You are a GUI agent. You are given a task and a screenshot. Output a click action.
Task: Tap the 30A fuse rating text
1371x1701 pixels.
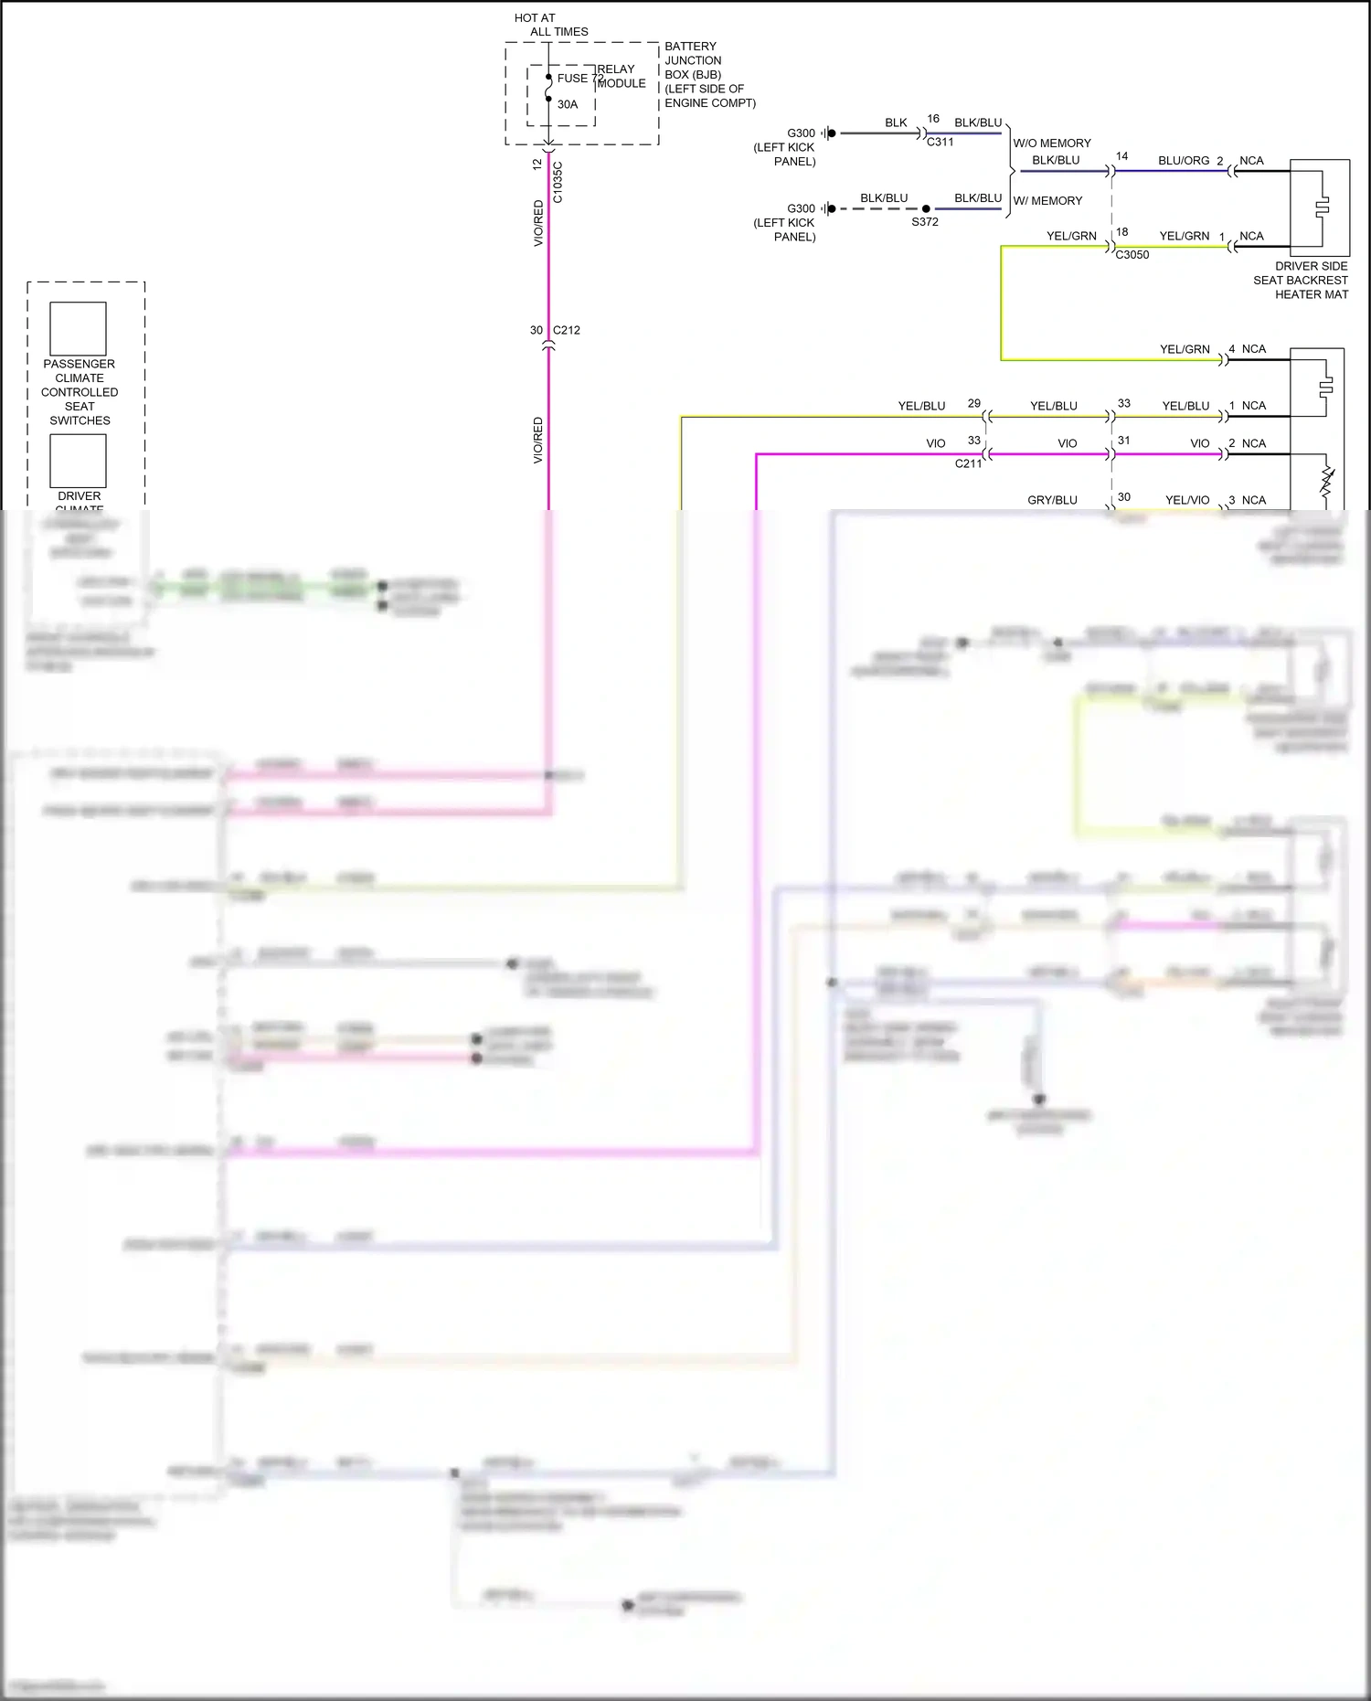[x=568, y=104]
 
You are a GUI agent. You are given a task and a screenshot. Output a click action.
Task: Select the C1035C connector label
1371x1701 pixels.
[x=558, y=182]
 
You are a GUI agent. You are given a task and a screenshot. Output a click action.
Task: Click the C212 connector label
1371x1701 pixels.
[x=567, y=330]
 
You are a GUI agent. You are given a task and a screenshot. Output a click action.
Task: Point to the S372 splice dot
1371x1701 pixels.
[x=926, y=209]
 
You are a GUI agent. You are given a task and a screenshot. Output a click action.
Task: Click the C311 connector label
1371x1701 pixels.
[x=940, y=142]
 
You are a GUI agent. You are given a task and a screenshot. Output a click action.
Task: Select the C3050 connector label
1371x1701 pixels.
[x=1132, y=255]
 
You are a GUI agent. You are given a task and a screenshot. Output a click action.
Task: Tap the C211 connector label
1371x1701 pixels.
[x=968, y=463]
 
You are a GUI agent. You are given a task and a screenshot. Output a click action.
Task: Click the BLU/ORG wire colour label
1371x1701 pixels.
[x=1184, y=161]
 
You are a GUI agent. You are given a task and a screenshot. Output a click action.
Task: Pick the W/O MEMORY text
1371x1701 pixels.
[x=1052, y=144]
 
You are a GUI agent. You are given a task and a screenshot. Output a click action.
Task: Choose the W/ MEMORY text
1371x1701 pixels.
[x=1047, y=201]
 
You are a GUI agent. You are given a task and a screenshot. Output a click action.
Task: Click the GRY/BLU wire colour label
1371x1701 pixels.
[x=1052, y=500]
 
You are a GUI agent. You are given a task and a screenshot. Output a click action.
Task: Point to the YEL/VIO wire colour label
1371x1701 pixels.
[x=1187, y=500]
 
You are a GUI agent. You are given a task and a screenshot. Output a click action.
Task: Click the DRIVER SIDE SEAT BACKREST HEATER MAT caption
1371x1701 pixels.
[x=1301, y=281]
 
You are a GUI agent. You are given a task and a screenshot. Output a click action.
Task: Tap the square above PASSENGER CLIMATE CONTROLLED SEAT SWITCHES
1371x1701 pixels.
[x=78, y=329]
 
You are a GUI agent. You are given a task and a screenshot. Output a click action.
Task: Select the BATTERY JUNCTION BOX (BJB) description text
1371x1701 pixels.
[x=710, y=75]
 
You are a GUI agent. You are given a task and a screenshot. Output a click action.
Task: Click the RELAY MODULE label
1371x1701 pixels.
[x=622, y=76]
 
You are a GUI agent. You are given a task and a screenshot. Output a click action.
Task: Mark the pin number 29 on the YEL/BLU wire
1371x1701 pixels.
[x=974, y=403]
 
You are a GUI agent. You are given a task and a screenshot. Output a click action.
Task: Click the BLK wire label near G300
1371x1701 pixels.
[x=896, y=122]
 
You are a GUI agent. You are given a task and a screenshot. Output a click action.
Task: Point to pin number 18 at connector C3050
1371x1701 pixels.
[x=1122, y=232]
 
